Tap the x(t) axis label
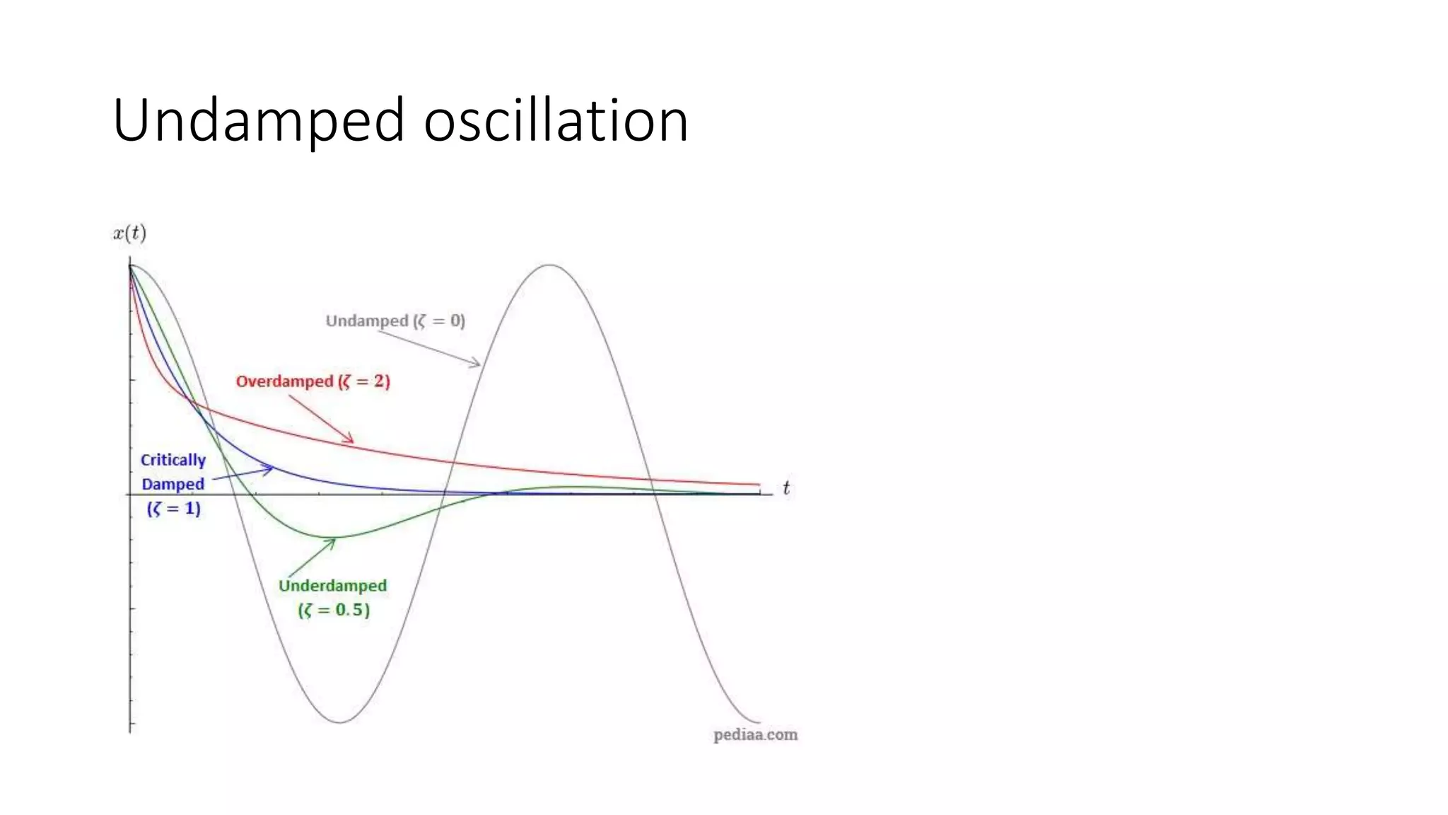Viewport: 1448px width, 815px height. click(129, 233)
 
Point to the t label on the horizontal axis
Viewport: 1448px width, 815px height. click(786, 488)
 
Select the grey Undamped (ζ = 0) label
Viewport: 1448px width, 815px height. click(395, 321)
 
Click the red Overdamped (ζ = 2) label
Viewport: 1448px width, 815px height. click(313, 381)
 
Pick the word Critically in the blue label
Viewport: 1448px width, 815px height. click(173, 460)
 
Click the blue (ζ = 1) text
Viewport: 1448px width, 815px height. click(174, 508)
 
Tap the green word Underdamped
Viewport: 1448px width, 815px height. click(332, 586)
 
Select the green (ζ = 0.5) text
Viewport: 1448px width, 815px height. click(334, 610)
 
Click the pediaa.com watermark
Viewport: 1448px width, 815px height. click(755, 735)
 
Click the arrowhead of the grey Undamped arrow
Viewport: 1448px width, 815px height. click(479, 365)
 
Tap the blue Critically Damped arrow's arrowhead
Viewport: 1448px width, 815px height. click(271, 468)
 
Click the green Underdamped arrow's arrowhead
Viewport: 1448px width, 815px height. click(334, 541)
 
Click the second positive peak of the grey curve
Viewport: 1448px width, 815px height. click(550, 265)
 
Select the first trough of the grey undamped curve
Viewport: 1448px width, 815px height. click(340, 722)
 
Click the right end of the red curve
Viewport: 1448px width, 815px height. click(758, 485)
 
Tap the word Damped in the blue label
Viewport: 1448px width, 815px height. click(173, 485)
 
